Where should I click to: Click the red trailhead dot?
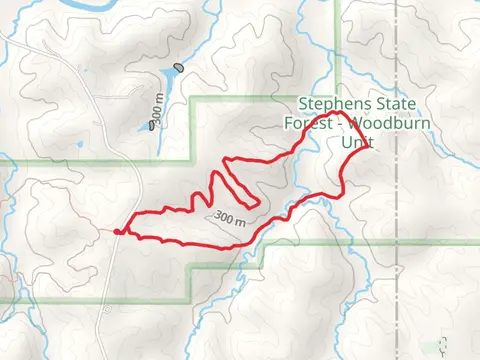[x=118, y=232]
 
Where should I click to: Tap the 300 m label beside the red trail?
[x=229, y=216]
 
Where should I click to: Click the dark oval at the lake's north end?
[x=178, y=68]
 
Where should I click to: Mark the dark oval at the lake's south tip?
[x=152, y=126]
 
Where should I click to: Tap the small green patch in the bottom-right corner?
[x=441, y=343]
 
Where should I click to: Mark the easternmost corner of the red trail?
[x=372, y=146]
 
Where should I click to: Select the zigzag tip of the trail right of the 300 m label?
[x=259, y=201]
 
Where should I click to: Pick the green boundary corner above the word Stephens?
[x=338, y=97]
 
